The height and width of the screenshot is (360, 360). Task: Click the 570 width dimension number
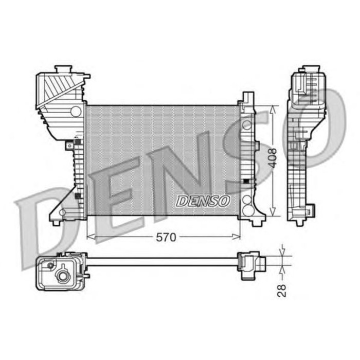[166, 237]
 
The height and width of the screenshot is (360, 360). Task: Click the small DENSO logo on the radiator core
[203, 201]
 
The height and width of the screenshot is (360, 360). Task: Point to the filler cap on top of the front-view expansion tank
[64, 69]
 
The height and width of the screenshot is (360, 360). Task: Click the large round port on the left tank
[76, 111]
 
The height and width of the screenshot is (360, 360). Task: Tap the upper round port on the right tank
[247, 124]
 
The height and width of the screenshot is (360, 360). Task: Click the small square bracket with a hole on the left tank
[69, 146]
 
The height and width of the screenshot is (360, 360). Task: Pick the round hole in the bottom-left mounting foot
[63, 212]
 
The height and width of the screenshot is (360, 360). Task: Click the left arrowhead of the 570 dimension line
[90, 237]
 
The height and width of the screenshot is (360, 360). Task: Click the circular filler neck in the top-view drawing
[63, 276]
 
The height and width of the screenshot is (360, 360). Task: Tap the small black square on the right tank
[246, 181]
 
